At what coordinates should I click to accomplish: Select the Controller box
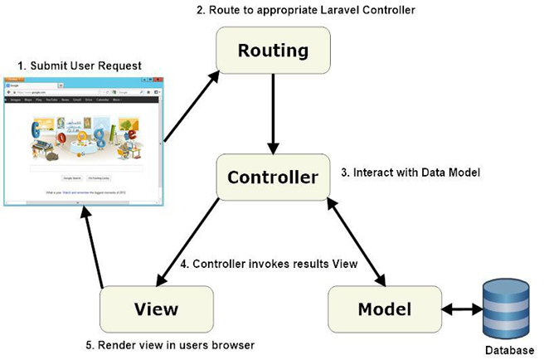pyautogui.click(x=273, y=178)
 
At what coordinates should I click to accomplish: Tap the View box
pyautogui.click(x=156, y=309)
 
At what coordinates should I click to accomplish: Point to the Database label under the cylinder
pyautogui.click(x=506, y=350)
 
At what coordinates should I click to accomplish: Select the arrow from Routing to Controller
pyautogui.click(x=273, y=114)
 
